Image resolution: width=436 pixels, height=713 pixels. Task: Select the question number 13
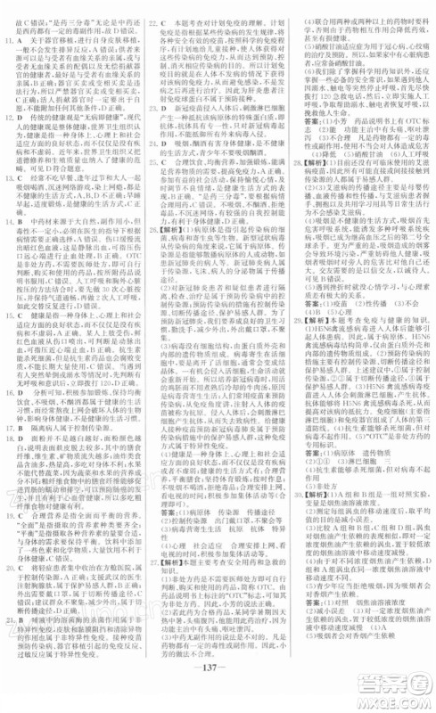[12, 178]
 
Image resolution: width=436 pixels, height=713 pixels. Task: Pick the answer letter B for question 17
[25, 432]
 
